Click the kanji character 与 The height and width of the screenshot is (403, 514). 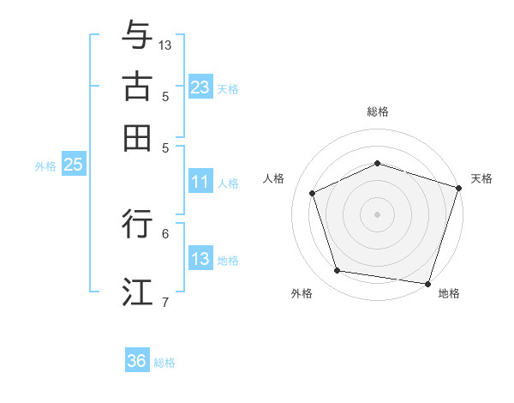pyautogui.click(x=137, y=37)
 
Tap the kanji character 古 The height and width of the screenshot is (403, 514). pyautogui.click(x=137, y=87)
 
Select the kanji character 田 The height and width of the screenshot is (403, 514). pyautogui.click(x=137, y=136)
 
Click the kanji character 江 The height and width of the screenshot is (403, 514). pyautogui.click(x=137, y=291)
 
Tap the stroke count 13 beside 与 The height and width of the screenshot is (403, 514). pyautogui.click(x=165, y=45)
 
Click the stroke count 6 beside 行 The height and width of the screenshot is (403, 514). pyautogui.click(x=165, y=232)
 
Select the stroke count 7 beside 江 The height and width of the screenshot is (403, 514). pyautogui.click(x=165, y=301)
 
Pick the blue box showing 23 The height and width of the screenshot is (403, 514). pyautogui.click(x=200, y=87)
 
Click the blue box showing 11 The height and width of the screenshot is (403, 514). pyautogui.click(x=200, y=182)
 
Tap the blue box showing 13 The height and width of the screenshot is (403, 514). pyautogui.click(x=200, y=259)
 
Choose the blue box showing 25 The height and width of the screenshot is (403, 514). pyautogui.click(x=73, y=165)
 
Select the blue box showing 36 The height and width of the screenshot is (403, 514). pyautogui.click(x=137, y=361)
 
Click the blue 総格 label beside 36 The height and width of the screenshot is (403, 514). pyautogui.click(x=164, y=363)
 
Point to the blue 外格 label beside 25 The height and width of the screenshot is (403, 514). pyautogui.click(x=45, y=166)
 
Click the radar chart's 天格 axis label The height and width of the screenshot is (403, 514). pyautogui.click(x=481, y=178)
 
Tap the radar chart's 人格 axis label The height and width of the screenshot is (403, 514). pyautogui.click(x=273, y=178)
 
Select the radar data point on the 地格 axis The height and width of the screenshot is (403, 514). pyautogui.click(x=427, y=283)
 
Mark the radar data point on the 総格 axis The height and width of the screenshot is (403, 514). pyautogui.click(x=377, y=163)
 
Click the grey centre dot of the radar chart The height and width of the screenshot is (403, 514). pyautogui.click(x=377, y=214)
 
